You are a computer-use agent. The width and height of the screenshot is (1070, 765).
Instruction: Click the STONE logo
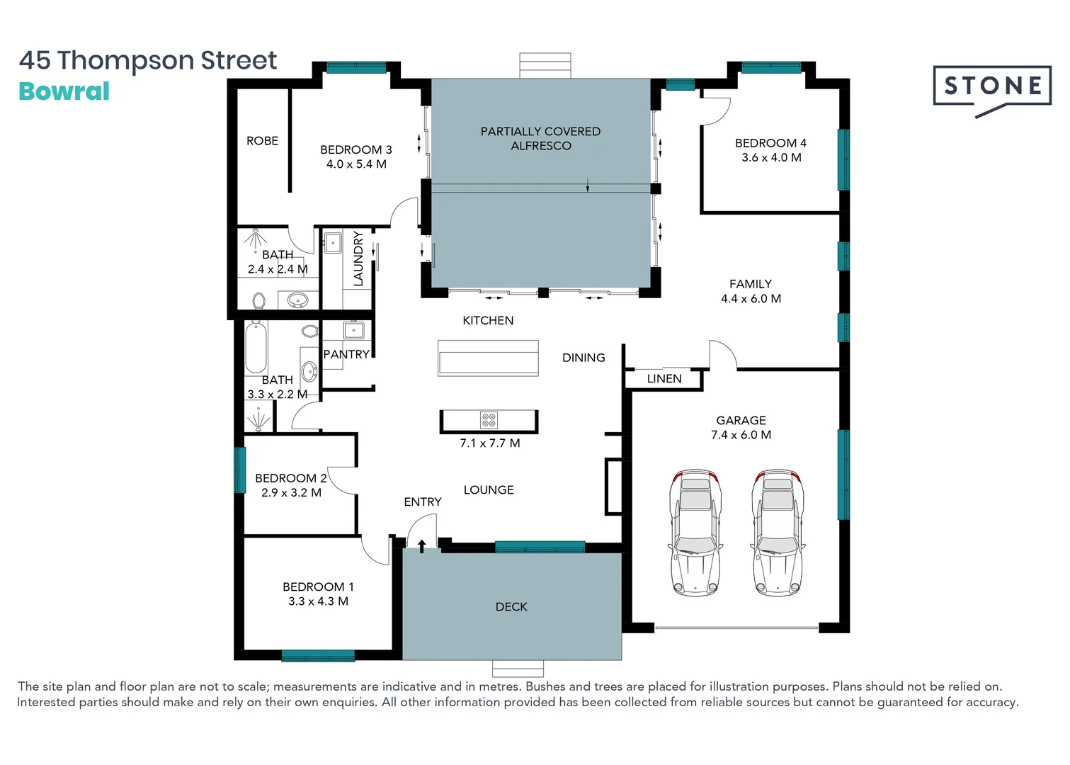click(x=991, y=87)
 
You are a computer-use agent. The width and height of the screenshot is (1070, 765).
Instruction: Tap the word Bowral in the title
click(x=64, y=91)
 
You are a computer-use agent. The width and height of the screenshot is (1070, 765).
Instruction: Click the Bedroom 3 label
click(x=355, y=149)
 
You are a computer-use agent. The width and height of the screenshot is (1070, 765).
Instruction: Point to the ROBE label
click(x=262, y=141)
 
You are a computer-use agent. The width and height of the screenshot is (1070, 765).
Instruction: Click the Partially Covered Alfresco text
click(x=540, y=138)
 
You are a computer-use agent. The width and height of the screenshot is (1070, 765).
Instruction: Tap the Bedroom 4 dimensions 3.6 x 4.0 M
click(x=771, y=157)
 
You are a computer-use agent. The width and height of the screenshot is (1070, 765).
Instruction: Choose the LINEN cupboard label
click(x=664, y=379)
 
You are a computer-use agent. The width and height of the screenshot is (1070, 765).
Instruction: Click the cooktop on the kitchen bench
click(x=489, y=420)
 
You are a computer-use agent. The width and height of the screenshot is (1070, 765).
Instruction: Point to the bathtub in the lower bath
click(x=256, y=347)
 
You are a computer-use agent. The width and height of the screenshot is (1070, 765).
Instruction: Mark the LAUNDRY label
click(x=358, y=259)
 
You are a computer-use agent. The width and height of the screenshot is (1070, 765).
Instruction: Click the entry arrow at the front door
click(x=422, y=545)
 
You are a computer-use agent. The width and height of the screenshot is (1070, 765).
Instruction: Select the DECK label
click(x=511, y=607)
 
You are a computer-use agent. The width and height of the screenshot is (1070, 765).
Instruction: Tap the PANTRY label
click(x=346, y=354)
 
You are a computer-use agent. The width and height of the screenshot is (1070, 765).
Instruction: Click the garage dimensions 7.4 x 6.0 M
click(x=741, y=435)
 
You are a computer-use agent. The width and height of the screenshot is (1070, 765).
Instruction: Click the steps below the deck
click(x=518, y=669)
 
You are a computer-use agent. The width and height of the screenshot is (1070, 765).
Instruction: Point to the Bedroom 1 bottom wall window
click(x=317, y=656)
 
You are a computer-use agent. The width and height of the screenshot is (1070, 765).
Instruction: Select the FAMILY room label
click(x=750, y=284)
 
